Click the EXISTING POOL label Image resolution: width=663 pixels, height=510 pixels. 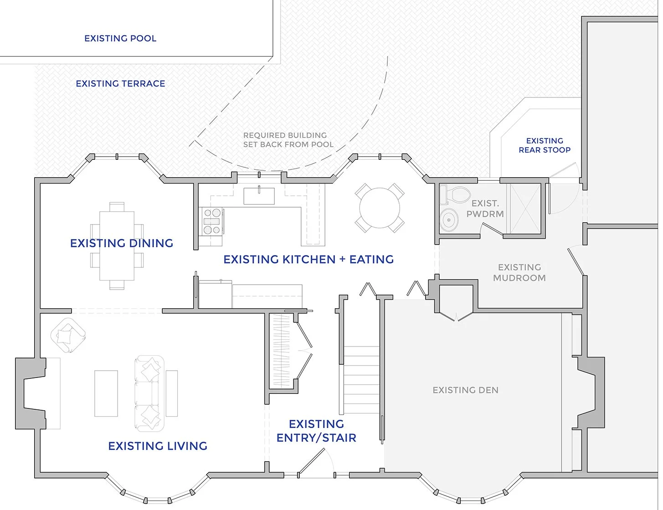pos(120,39)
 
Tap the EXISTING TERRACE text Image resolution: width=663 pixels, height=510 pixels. pos(120,84)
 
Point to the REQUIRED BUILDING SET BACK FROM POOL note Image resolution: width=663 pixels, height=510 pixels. pos(288,140)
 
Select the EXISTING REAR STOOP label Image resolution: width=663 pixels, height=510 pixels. pos(545,145)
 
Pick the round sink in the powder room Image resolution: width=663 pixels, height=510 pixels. pos(449,220)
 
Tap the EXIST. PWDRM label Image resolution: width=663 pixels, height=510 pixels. pos(485,209)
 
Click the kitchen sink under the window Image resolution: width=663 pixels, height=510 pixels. pos(259,196)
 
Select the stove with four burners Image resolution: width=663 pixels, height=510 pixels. pos(211,221)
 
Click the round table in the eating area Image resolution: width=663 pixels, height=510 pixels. pos(380,208)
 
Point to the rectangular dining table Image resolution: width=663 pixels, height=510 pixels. pos(117,246)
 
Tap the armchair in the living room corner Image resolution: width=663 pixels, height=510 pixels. pos(67,335)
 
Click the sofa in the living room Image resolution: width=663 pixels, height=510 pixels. pos(149,393)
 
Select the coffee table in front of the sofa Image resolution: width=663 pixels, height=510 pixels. pos(106,393)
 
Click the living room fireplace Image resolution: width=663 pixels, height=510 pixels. pos(31,393)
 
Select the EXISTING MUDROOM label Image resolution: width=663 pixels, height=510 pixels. pos(519,272)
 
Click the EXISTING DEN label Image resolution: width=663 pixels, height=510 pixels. pos(465,390)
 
